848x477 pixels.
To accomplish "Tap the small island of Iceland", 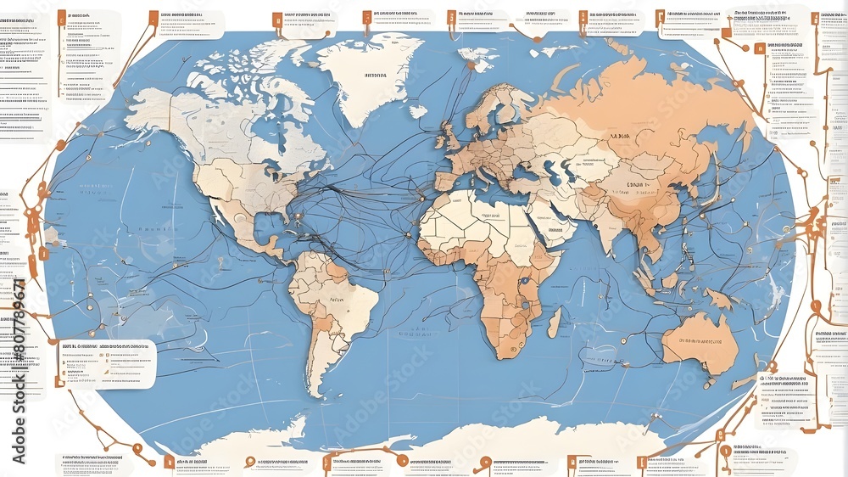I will (x=418, y=111).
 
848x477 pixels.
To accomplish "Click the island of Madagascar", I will (x=555, y=323).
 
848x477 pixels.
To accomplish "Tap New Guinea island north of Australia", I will (x=720, y=298).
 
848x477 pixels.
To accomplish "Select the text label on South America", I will (x=338, y=300).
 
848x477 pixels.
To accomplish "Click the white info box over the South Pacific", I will (x=107, y=363).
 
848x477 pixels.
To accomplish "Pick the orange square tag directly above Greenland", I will (x=366, y=16).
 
